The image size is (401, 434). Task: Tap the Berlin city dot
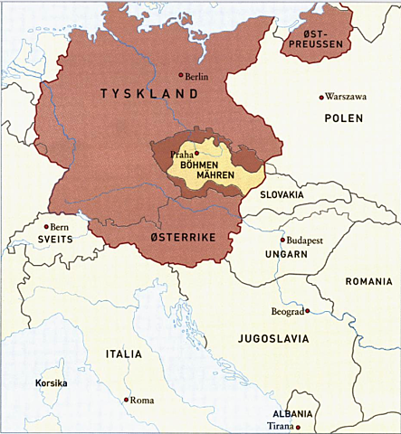pyautogui.click(x=181, y=76)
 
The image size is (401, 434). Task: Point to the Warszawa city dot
pyautogui.click(x=320, y=97)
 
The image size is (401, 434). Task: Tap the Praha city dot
pyautogui.click(x=196, y=154)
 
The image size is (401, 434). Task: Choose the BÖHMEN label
pyautogui.click(x=200, y=165)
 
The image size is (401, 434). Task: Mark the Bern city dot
pyautogui.click(x=46, y=226)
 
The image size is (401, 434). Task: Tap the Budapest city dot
pyautogui.click(x=282, y=240)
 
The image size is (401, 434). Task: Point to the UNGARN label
pyautogui.click(x=287, y=255)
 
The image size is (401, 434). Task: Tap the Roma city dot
pyautogui.click(x=126, y=400)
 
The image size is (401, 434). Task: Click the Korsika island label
pyautogui.click(x=52, y=383)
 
